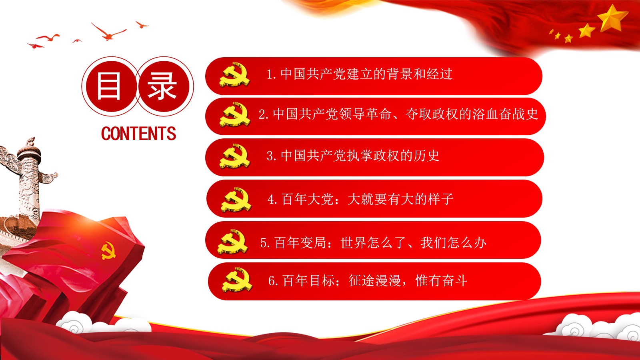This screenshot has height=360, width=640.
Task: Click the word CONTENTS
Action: point(138,134)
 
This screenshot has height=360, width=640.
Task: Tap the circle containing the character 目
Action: point(111,86)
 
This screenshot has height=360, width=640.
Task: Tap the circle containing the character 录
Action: point(164,86)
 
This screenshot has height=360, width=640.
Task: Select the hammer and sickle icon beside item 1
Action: point(234,74)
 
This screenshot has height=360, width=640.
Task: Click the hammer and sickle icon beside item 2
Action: point(235,114)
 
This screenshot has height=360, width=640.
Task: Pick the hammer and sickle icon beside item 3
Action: point(235,156)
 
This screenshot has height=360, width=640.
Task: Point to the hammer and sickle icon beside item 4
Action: point(236,200)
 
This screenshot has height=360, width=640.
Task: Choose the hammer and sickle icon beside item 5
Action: point(232,242)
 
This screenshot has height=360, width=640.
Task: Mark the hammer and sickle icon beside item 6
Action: point(237,280)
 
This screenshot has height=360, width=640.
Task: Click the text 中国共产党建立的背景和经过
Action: point(366,74)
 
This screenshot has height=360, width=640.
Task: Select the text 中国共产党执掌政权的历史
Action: point(360,156)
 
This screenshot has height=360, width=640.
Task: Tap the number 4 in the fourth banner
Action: point(271,200)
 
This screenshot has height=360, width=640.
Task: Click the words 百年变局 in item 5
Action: point(300,242)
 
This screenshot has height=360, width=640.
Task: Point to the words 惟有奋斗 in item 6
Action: point(442,280)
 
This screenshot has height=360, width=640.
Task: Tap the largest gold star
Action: point(613,18)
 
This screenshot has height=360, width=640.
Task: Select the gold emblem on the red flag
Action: point(108,251)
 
